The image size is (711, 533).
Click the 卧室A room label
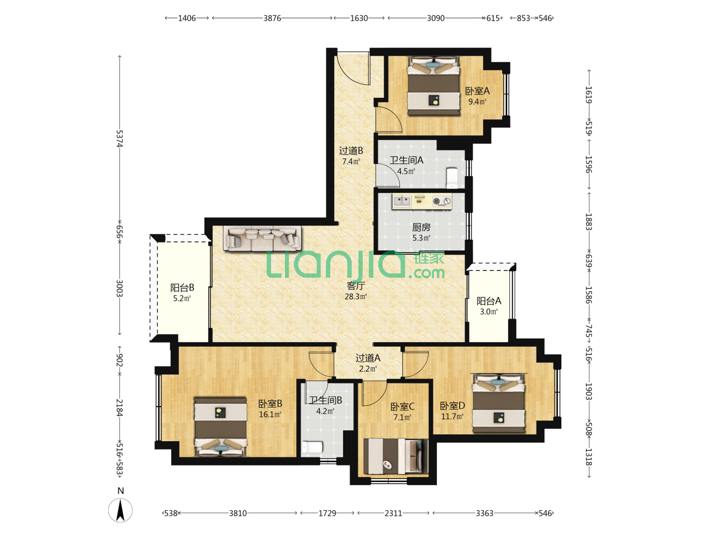pos(477,91)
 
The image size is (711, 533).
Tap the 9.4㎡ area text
pos(477,102)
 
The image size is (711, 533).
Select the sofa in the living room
pos(262,238)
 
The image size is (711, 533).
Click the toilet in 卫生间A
pos(452,178)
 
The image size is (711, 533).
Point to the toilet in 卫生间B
pos(312,447)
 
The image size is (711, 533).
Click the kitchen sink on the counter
pos(402,201)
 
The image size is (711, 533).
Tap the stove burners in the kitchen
pos(441,201)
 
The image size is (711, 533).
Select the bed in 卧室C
pos(395,457)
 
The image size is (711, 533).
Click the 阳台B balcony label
pos(182,287)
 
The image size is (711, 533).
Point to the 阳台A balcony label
pos(488,301)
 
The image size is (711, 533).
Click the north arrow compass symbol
pos(120,510)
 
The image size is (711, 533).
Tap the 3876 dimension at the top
pos(272,18)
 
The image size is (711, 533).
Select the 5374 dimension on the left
pos(119,139)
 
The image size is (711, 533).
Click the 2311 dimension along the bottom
pos(393,513)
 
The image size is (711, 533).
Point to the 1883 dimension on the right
pos(589,222)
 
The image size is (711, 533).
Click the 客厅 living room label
pos(355,286)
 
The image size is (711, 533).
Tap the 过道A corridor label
pos(368,358)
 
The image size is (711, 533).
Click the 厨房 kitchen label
pos(421,227)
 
